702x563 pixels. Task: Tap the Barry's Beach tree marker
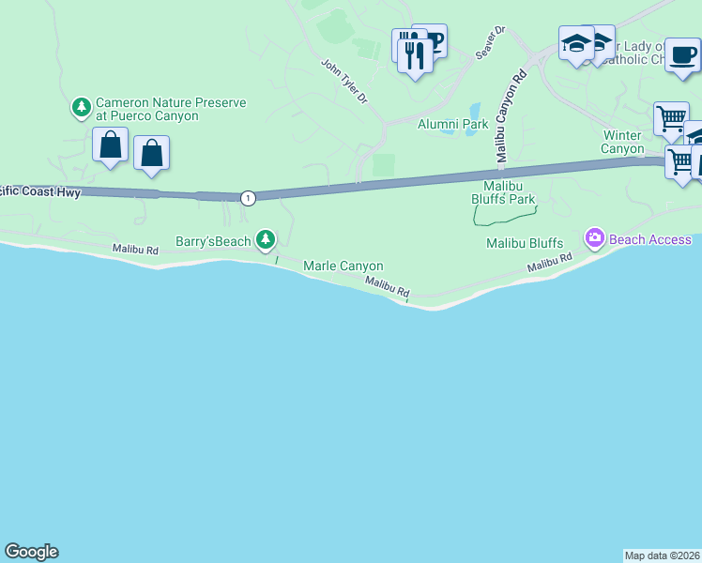tap(267, 240)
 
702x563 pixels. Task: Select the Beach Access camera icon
tap(594, 239)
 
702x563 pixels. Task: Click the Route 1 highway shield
tap(248, 198)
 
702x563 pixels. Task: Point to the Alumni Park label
tap(453, 124)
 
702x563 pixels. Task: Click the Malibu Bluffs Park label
tap(502, 192)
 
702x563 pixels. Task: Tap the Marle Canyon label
tap(343, 266)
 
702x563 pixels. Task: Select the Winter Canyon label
tap(623, 142)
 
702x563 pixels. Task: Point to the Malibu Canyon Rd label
tap(508, 117)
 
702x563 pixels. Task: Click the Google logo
tap(31, 552)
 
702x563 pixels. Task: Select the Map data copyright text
tap(662, 555)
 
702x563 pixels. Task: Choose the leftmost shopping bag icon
tap(110, 145)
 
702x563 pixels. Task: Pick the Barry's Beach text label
tap(214, 241)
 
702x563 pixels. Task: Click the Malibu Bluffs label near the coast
tap(524, 244)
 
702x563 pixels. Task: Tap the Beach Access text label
tap(649, 240)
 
